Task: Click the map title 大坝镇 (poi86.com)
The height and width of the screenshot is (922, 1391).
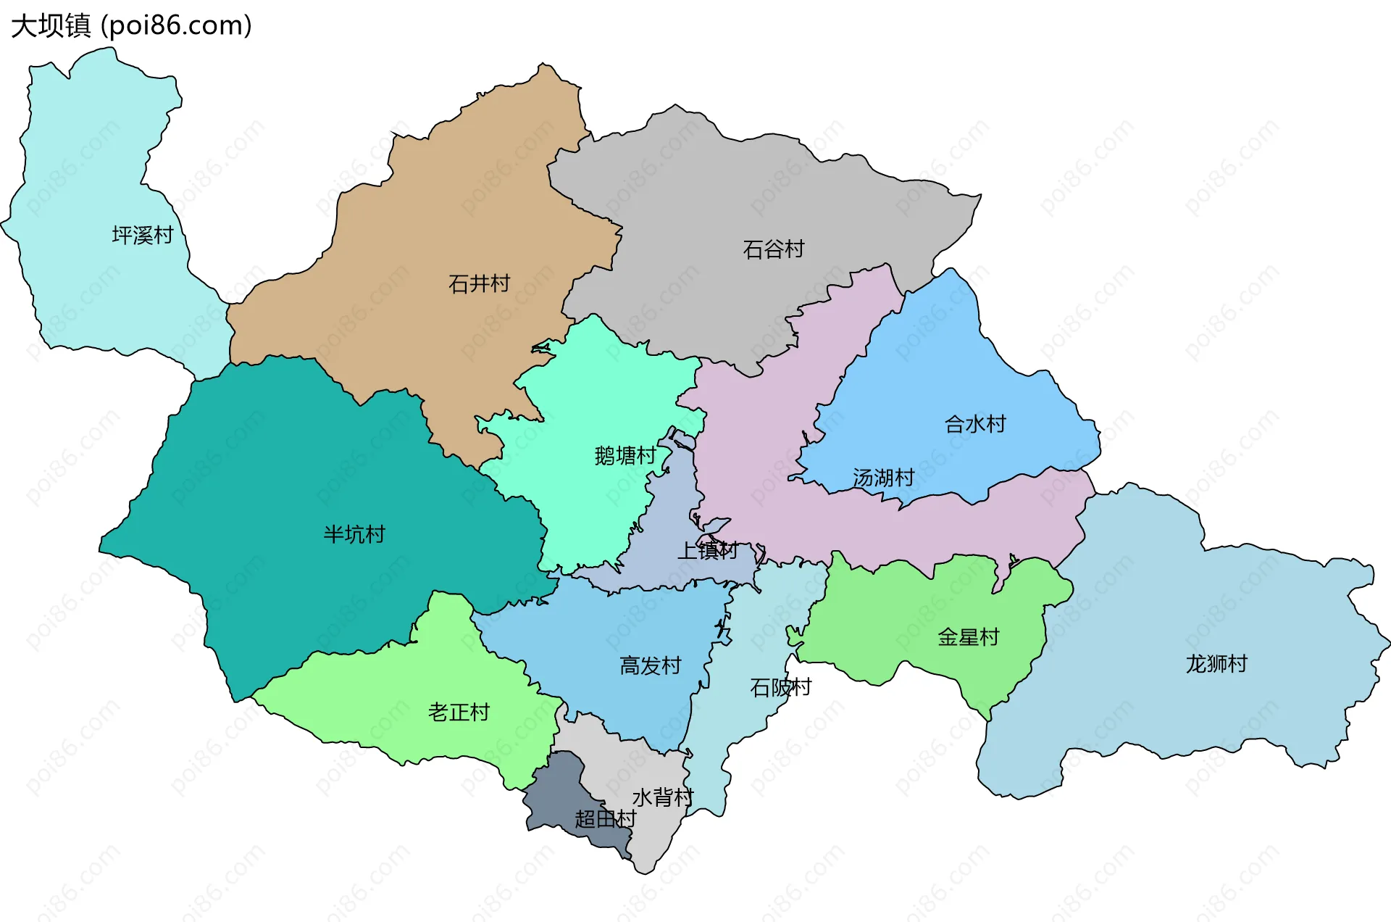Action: (131, 25)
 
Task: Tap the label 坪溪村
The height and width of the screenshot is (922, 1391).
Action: (143, 235)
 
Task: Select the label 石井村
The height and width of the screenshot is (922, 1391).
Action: (479, 283)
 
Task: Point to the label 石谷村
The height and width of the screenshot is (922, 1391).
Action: (774, 249)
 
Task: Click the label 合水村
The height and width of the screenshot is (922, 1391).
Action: (975, 424)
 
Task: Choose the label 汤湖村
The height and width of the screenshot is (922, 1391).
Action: (883, 478)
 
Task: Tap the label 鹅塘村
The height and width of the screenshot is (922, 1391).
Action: (625, 455)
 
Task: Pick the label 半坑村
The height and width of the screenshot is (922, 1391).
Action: (354, 534)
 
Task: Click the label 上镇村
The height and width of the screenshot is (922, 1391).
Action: (707, 551)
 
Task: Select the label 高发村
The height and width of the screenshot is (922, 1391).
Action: (651, 665)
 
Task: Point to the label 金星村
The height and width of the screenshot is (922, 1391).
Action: (968, 637)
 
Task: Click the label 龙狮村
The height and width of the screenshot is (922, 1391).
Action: (1216, 663)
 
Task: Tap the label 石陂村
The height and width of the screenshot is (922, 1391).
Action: (780, 687)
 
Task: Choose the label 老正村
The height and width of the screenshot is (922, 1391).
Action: (459, 712)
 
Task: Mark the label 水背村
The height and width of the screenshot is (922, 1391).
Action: (663, 797)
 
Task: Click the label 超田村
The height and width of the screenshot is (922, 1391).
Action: (605, 819)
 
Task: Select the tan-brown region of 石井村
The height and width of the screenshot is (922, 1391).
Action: (435, 217)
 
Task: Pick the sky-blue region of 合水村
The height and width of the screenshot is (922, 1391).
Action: (942, 362)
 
